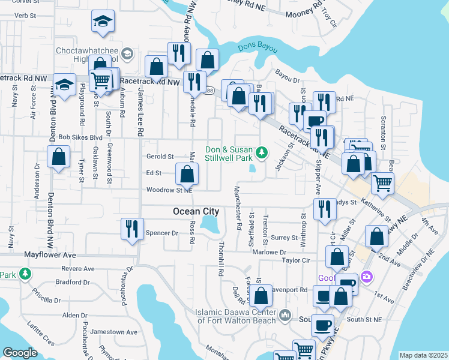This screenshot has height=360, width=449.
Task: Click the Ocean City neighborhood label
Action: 195,211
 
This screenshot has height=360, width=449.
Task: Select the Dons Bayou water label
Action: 256,47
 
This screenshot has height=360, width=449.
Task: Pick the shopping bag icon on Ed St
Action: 187,175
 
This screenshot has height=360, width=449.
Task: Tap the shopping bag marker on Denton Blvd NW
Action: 58,158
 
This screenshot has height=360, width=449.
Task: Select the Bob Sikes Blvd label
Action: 80,137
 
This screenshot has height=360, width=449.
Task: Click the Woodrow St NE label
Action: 169,190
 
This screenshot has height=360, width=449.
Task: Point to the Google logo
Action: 20,352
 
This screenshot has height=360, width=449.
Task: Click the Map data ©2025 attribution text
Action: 423,355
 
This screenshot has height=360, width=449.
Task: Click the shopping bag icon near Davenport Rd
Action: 261,296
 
